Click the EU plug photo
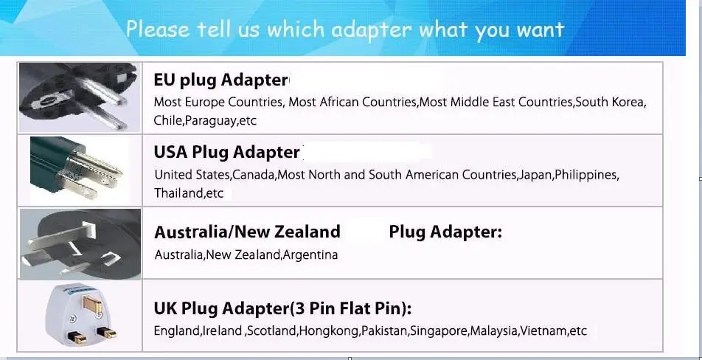click(79, 97)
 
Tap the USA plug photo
click(79, 170)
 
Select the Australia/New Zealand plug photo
click(80, 243)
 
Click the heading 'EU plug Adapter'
click(220, 80)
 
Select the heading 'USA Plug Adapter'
click(226, 153)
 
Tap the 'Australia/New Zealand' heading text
click(247, 232)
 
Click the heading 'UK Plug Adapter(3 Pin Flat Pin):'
click(282, 308)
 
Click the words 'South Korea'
click(610, 103)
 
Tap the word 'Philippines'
click(586, 175)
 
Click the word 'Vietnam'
click(543, 330)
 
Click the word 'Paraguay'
click(211, 120)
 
